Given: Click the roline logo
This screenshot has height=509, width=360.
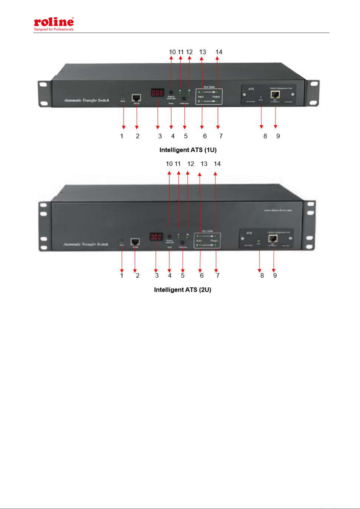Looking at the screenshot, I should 54,22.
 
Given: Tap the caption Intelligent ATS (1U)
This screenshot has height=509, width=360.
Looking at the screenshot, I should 188,150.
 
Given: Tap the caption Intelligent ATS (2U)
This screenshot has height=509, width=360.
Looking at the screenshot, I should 182,290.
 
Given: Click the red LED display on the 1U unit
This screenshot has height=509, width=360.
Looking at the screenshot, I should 157,93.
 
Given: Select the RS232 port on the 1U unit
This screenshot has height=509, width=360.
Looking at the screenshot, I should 137,98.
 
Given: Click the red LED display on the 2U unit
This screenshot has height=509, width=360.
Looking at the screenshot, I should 156,237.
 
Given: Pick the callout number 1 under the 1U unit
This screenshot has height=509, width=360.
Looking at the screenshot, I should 122,136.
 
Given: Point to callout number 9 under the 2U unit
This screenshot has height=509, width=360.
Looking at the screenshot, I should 275,275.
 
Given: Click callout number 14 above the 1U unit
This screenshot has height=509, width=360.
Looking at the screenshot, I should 219,52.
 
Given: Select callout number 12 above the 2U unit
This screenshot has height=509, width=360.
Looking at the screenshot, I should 191,164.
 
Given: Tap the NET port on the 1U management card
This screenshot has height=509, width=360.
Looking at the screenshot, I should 275,94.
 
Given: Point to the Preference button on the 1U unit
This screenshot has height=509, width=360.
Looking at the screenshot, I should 184,99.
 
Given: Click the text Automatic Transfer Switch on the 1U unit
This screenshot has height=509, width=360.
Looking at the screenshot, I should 86,100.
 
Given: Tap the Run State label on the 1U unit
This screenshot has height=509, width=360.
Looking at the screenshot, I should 209,87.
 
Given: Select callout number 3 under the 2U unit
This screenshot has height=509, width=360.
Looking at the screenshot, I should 157,275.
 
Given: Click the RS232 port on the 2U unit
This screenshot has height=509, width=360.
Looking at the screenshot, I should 135,242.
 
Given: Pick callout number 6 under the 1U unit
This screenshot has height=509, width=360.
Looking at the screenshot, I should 205,136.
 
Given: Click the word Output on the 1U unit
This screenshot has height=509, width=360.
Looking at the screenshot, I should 216,97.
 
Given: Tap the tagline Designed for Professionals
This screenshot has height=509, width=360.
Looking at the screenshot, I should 54,30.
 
